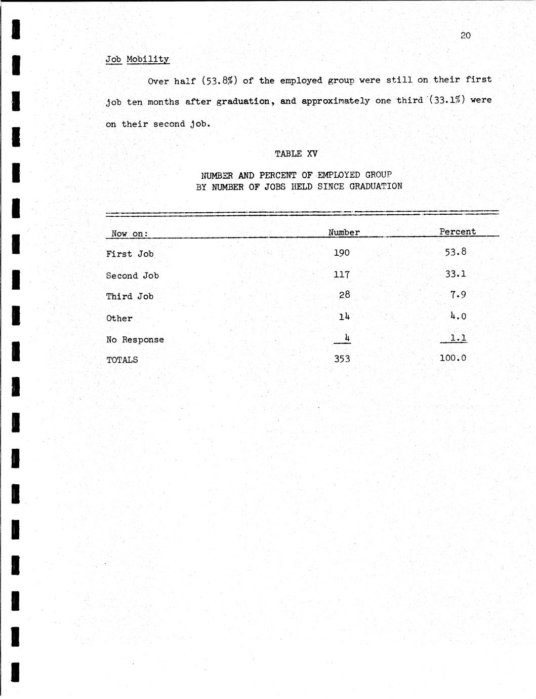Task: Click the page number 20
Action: [x=466, y=35]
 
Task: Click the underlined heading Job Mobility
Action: [x=137, y=59]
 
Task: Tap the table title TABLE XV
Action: [x=296, y=153]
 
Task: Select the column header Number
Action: [x=344, y=232]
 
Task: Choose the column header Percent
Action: [x=458, y=231]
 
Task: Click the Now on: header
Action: [x=130, y=234]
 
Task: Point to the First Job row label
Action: [x=130, y=254]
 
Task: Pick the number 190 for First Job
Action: [x=342, y=252]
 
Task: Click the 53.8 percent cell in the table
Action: [x=456, y=252]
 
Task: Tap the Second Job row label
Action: [x=132, y=276]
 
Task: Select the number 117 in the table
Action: [x=342, y=274]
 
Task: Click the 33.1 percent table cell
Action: [x=456, y=274]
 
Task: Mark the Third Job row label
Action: [x=130, y=296]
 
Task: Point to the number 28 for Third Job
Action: [x=345, y=295]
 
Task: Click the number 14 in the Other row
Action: [x=344, y=317]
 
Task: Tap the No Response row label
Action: [x=135, y=339]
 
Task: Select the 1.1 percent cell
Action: [x=459, y=338]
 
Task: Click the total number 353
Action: [x=342, y=359]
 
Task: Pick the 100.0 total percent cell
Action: [x=453, y=358]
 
